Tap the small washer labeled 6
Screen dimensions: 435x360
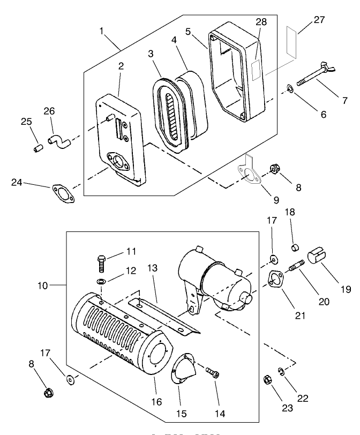coord(289,87)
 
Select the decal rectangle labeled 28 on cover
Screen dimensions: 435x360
coord(255,69)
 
